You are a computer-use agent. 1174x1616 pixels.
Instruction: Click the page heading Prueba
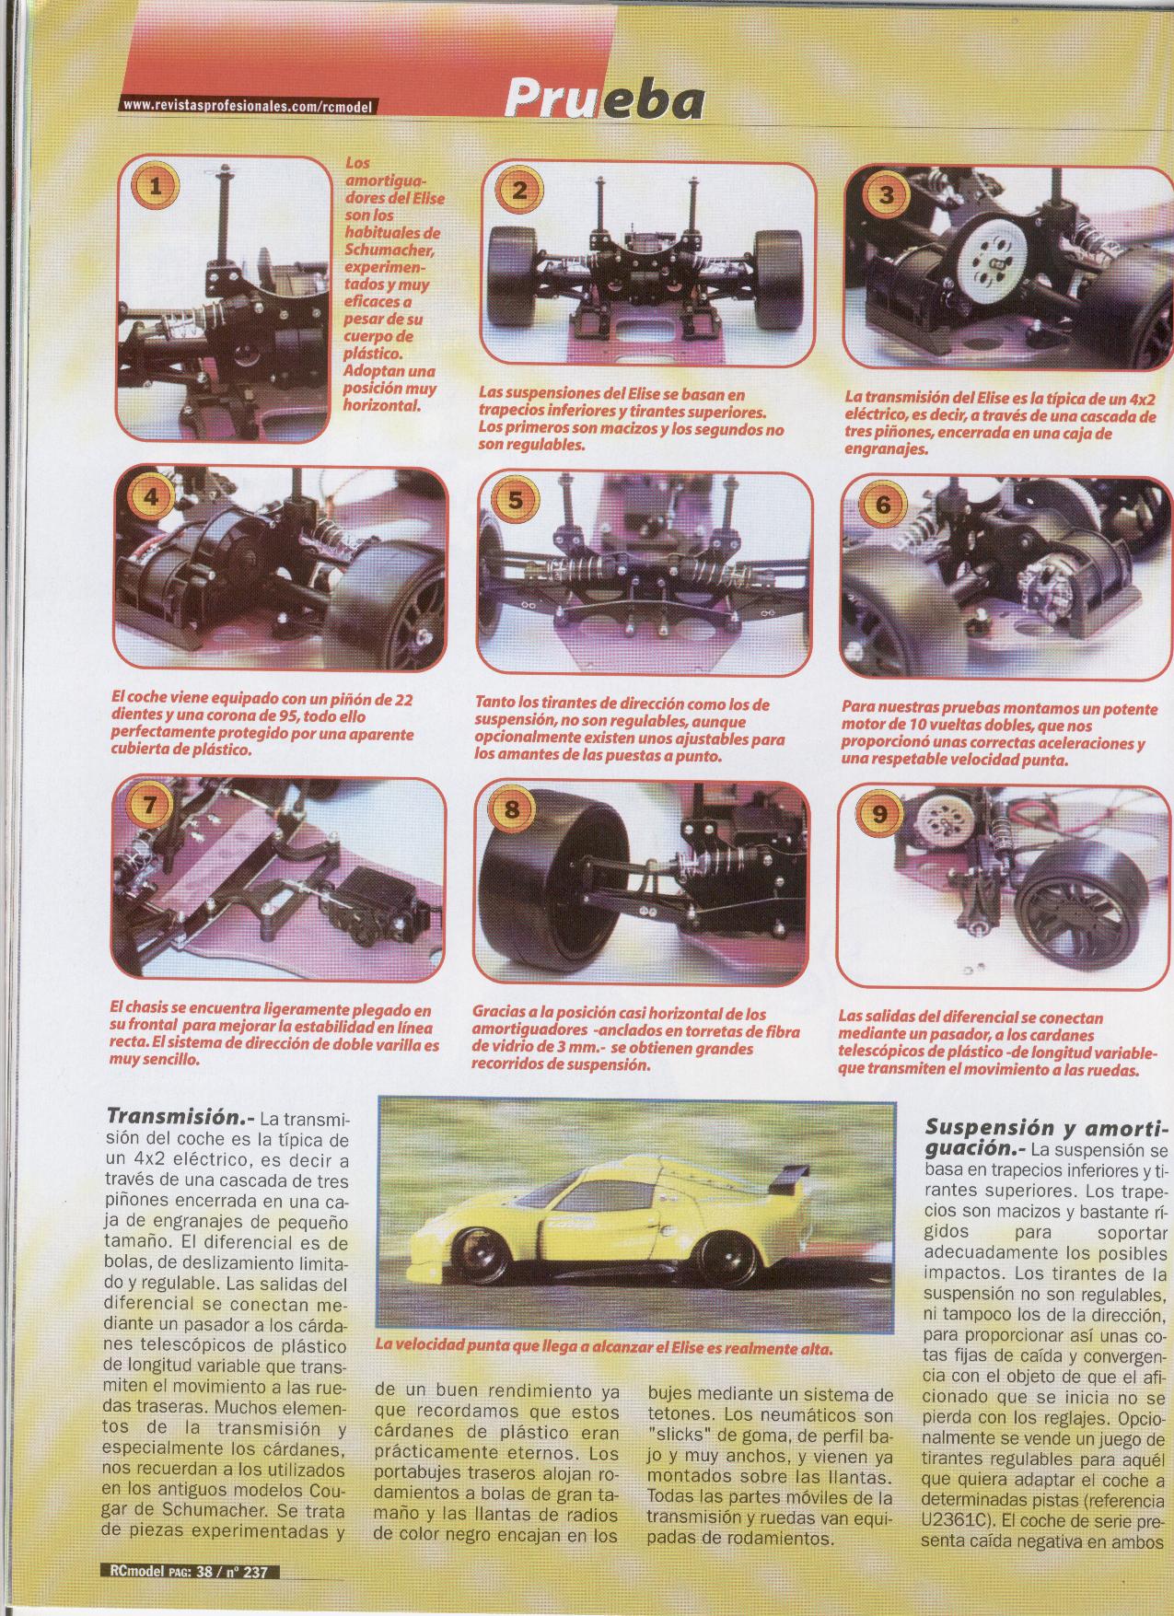pos(604,102)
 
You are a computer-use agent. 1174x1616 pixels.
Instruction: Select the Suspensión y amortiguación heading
pos(1045,1138)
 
